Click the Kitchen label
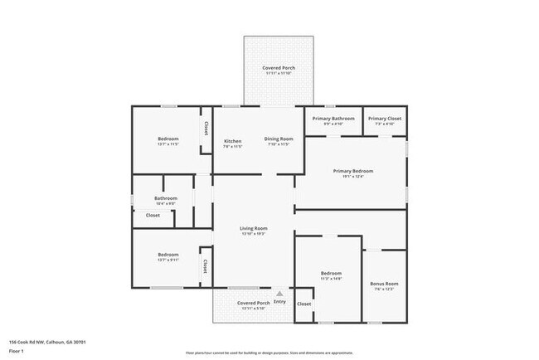click(x=233, y=140)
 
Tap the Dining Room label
click(x=279, y=139)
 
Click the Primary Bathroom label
click(x=333, y=119)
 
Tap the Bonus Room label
click(x=384, y=284)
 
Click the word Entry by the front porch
click(x=279, y=301)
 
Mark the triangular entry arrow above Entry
click(x=279, y=293)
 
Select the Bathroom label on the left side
click(x=166, y=198)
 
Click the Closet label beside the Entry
click(x=304, y=304)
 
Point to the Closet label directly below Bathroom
click(x=153, y=215)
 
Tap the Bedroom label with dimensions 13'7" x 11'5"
click(x=168, y=139)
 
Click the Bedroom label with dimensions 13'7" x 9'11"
click(x=168, y=255)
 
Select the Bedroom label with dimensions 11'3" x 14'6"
click(x=331, y=273)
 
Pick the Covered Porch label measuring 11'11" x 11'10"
click(x=279, y=67)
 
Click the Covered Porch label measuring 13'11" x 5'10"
click(x=253, y=303)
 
